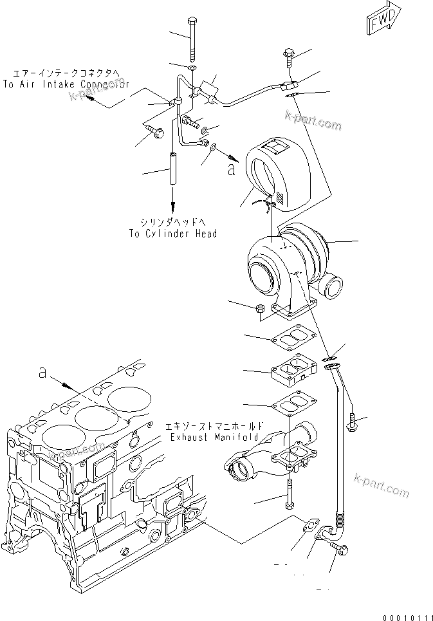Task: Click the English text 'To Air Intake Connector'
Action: pos(66,84)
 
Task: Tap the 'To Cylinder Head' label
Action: pos(172,234)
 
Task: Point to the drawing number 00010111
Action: pos(407,615)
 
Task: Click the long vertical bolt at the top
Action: pos(191,39)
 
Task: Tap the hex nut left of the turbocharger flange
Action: pos(261,310)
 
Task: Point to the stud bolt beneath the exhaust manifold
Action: pos(291,494)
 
